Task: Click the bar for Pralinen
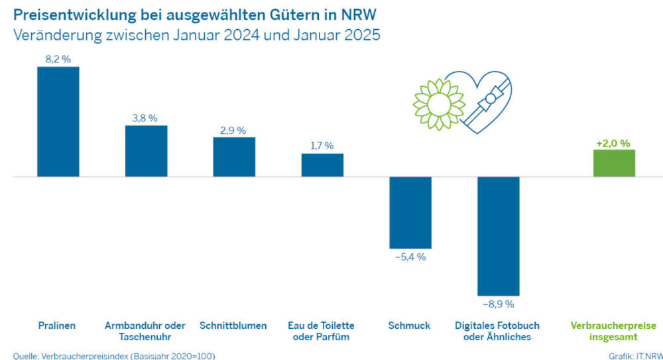point(58,121)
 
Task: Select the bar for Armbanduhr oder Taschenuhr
point(146,150)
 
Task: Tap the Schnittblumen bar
point(233,156)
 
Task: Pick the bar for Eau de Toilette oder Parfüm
point(322,164)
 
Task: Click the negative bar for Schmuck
point(410,212)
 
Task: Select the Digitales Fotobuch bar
point(498,236)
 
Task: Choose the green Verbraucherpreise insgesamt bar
point(614,163)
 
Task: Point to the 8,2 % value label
point(58,59)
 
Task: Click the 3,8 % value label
point(145,118)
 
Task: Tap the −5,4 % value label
point(410,257)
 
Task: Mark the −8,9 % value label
point(498,304)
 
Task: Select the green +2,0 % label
point(613,143)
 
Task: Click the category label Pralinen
point(57,326)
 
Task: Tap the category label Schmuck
point(410,326)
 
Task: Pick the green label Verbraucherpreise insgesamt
point(613,331)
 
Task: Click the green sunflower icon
point(438,103)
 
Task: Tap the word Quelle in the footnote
point(25,356)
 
